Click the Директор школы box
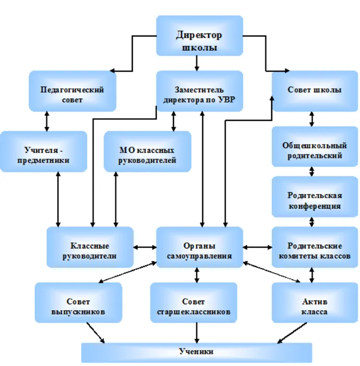200,36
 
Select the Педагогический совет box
72,91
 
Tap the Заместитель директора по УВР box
200,91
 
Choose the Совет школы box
315,91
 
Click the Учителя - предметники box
43,152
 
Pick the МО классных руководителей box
147,152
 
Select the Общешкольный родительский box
315,146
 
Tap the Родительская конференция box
315,197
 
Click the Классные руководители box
90,247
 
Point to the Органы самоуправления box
200,247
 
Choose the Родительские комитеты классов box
315,247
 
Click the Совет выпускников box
78,303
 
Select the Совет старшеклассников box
194,303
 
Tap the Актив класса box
315,303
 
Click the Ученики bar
196,353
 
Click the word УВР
227,100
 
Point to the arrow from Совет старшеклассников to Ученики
196,333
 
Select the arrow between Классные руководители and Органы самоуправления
145,247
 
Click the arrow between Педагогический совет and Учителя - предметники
47,121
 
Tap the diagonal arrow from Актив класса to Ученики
292,333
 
